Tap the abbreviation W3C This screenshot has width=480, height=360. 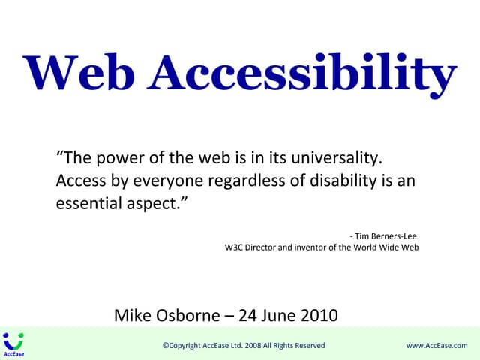click(x=235, y=247)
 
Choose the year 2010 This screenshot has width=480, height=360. click(x=319, y=315)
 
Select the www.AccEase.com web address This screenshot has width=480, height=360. click(x=436, y=345)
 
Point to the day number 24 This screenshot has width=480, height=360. click(x=247, y=315)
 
